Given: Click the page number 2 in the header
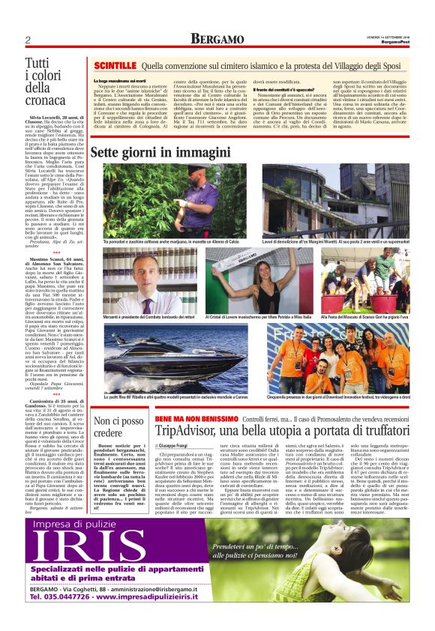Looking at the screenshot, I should pos(27,40).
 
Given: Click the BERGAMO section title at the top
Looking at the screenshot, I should pos(217,39).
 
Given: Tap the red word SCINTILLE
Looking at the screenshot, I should pos(114,66).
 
